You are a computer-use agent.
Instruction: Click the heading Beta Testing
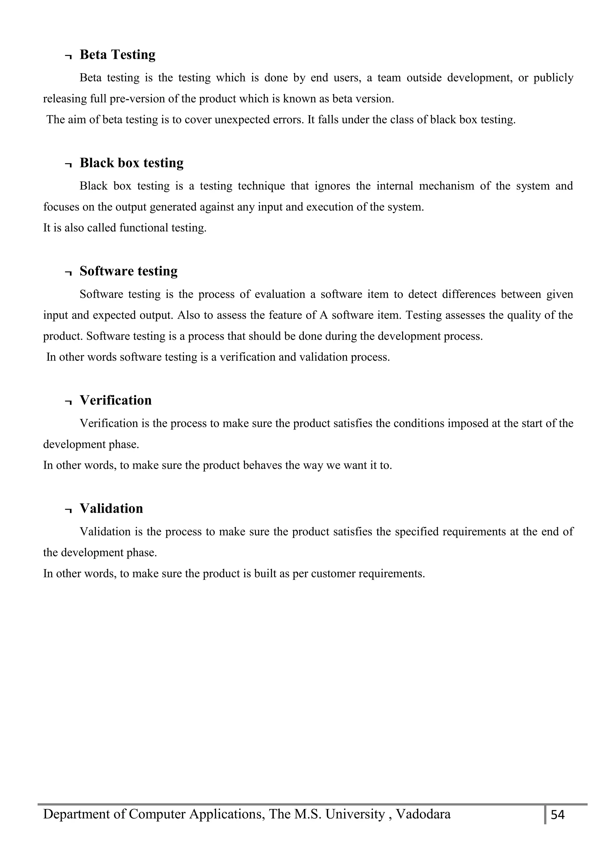point(117,55)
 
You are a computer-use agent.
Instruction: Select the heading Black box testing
point(131,163)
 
